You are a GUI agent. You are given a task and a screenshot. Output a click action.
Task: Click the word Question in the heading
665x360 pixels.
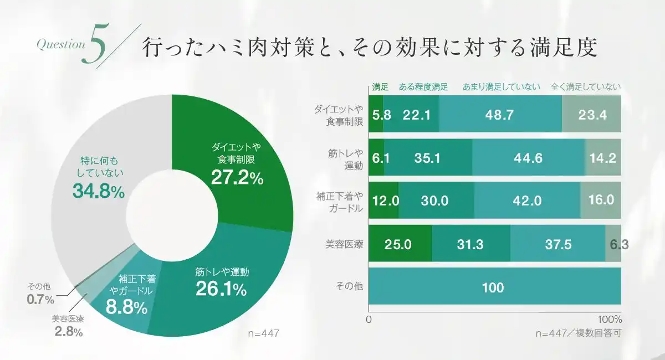pos(60,45)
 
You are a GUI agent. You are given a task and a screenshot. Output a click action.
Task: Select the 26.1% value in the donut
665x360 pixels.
pos(221,289)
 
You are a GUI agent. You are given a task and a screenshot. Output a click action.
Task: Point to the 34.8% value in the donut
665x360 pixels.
pos(99,191)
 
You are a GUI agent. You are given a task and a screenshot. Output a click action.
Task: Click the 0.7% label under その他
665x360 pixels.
pos(40,300)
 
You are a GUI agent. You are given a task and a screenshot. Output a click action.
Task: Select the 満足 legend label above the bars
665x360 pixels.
pos(380,87)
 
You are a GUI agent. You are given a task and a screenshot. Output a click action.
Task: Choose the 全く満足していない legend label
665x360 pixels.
pos(586,87)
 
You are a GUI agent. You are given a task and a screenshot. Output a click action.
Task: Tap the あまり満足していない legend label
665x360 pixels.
pos(501,87)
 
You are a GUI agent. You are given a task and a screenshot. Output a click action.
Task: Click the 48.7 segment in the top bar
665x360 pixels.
pos(499,115)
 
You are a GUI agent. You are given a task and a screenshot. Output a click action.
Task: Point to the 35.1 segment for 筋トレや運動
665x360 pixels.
pos(427,158)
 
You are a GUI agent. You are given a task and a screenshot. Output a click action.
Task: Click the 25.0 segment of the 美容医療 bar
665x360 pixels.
pos(398,244)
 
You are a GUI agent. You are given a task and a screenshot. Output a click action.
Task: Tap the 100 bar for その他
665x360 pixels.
pos(493,287)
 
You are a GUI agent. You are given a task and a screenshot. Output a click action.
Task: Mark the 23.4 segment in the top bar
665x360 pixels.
pos(592,115)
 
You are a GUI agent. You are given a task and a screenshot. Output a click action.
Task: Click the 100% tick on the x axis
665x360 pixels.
pos(610,320)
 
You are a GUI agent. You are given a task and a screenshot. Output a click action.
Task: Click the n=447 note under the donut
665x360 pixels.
pos(263,333)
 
